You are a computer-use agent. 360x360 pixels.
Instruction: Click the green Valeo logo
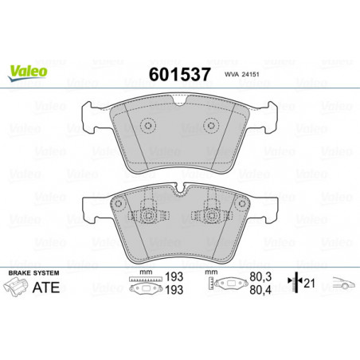(x=28, y=72)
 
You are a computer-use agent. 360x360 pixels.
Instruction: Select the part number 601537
(x=180, y=74)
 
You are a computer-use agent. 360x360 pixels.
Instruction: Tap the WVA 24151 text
(x=241, y=75)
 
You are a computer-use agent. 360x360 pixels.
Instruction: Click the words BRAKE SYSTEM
(x=33, y=273)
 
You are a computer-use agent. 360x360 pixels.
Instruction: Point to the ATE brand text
(x=46, y=288)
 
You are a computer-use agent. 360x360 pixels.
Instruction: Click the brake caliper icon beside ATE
(x=16, y=287)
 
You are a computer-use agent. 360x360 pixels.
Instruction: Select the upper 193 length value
(x=174, y=277)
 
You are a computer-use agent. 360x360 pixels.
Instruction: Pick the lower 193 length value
(x=174, y=290)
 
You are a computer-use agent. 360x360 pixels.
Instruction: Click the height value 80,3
(x=260, y=277)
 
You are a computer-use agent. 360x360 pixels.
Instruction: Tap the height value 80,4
(x=260, y=290)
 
